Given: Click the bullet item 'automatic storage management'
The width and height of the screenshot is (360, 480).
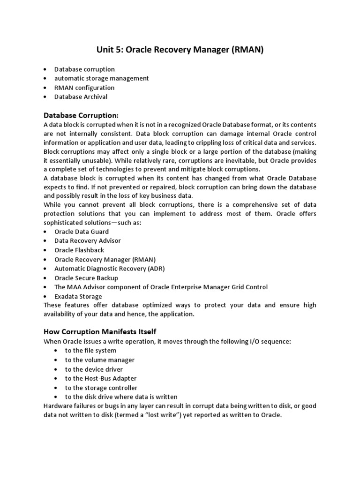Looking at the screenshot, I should point(102,78).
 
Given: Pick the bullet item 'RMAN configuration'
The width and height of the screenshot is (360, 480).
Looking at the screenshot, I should point(84,88).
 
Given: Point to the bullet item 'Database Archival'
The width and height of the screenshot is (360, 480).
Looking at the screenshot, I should point(81,97).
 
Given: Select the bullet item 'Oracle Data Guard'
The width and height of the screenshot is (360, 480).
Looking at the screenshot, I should point(82,232).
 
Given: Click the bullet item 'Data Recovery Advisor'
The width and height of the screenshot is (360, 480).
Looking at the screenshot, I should point(88,240).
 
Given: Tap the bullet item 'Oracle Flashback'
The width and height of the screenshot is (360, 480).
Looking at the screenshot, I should point(79,250).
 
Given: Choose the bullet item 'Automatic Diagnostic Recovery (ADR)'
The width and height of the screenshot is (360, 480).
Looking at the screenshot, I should point(110,269).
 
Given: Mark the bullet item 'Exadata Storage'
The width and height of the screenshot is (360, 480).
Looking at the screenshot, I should point(78,296).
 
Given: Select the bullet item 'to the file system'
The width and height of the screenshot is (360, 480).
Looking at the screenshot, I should point(91,351).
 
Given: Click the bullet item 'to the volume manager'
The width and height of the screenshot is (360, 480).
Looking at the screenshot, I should point(100,360).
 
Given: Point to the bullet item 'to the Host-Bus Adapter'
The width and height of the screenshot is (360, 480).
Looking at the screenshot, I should point(101,378).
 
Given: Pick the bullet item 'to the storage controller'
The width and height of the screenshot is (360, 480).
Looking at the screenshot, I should point(101,388).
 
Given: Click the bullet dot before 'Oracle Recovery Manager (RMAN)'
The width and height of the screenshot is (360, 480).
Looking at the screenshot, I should point(45,259).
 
